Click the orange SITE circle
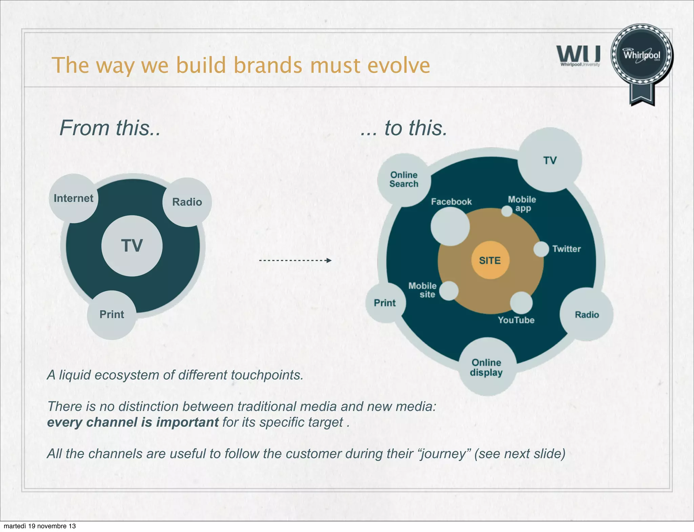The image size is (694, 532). [x=490, y=260]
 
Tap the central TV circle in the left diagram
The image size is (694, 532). [x=132, y=246]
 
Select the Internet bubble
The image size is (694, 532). [x=74, y=198]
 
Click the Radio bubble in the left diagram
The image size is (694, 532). [x=187, y=202]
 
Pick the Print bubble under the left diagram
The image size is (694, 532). [x=112, y=315]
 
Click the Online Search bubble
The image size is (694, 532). [x=404, y=180]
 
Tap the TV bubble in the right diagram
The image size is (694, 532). [x=550, y=160]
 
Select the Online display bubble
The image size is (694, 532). [x=487, y=367]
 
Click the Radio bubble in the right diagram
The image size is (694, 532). [x=587, y=315]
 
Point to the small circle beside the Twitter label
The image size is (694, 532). [x=541, y=249]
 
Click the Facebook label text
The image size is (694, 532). [x=451, y=202]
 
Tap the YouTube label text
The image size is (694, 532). [x=516, y=320]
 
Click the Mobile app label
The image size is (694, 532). [x=522, y=204]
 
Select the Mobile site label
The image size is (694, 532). [x=423, y=290]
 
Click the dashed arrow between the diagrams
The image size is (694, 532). [x=295, y=261]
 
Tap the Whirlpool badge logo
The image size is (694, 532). [x=641, y=56]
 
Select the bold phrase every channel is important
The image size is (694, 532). [x=133, y=422]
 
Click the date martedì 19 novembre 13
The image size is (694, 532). [x=40, y=526]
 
